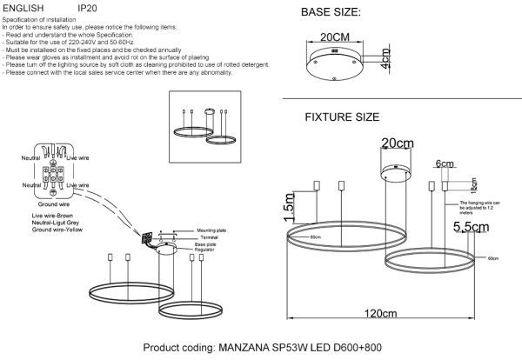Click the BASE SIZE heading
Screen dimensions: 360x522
point(331,13)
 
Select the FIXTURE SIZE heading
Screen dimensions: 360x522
point(342,117)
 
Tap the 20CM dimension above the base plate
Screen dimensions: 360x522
point(332,39)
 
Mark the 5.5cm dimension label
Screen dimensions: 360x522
point(470,227)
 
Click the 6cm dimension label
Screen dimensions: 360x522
point(445,163)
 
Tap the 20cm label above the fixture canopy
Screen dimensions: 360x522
point(397,143)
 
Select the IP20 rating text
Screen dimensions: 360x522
point(88,7)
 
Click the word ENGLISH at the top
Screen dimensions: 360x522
point(26,7)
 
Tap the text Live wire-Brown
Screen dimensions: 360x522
point(51,214)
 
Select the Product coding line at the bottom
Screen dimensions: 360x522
point(261,347)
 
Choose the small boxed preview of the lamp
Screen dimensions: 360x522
point(208,128)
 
